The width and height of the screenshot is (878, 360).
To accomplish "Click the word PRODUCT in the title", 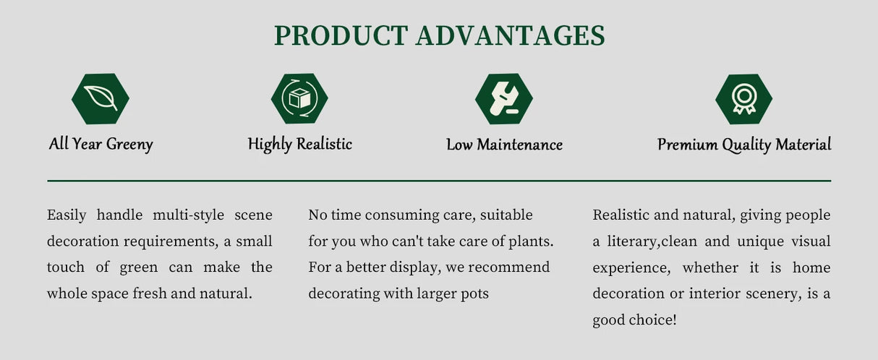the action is [x=341, y=35].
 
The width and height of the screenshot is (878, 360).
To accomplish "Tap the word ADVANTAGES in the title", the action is [x=511, y=35].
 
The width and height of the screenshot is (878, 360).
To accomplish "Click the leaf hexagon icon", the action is [x=101, y=99].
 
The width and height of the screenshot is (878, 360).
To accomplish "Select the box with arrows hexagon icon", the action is [x=299, y=98].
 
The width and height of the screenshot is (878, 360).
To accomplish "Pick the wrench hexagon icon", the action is [x=503, y=99].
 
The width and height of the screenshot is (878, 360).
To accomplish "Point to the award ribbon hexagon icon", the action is [x=743, y=99].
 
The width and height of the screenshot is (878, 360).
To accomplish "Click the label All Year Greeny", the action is [x=101, y=144].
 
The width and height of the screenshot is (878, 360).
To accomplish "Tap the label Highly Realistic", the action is [x=300, y=144].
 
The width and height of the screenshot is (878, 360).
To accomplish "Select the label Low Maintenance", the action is [x=505, y=145].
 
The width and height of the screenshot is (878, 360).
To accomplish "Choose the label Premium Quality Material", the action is [x=744, y=145].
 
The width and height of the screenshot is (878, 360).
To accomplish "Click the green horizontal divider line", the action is [x=439, y=181].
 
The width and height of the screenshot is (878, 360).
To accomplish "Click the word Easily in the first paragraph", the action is [x=67, y=215].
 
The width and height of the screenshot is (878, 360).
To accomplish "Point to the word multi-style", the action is [x=188, y=215].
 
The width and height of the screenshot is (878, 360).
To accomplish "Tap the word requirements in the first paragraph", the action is [x=171, y=241].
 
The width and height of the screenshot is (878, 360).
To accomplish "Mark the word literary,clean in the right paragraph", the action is [x=652, y=241].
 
